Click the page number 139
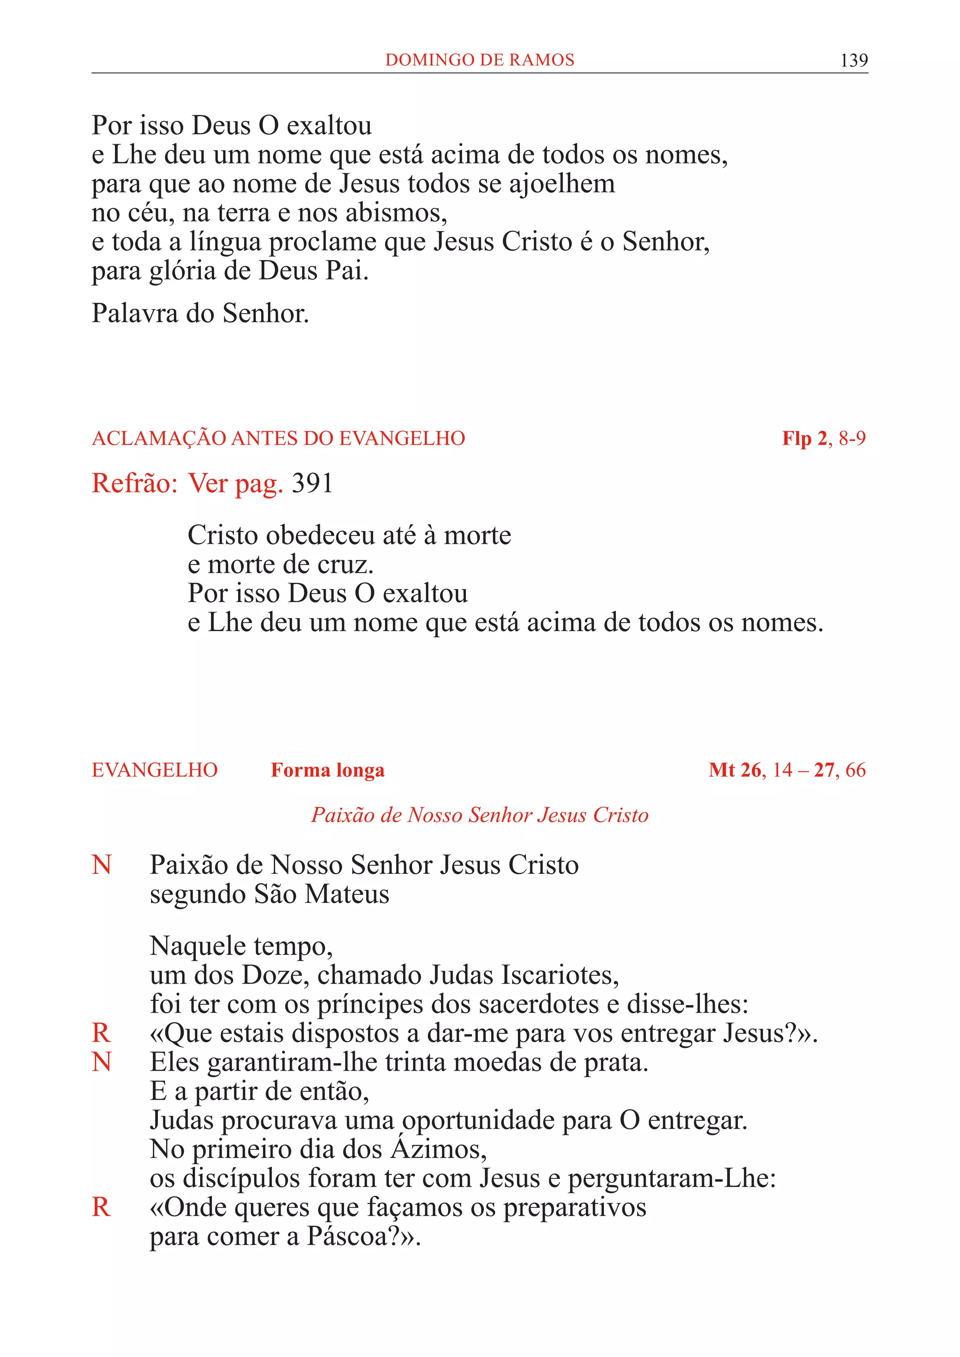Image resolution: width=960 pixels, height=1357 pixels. click(854, 60)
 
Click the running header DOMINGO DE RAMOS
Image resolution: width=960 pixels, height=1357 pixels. click(480, 60)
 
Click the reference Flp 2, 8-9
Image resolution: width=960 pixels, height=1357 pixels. click(824, 439)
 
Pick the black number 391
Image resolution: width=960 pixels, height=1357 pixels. click(312, 484)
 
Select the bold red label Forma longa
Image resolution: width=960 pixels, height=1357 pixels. click(328, 770)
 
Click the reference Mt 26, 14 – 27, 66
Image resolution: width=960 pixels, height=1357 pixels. click(787, 770)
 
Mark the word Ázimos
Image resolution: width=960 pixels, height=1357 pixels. click(437, 1149)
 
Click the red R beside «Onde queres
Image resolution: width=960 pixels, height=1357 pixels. click(102, 1207)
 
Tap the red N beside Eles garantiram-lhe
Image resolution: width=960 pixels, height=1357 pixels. click(102, 1062)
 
